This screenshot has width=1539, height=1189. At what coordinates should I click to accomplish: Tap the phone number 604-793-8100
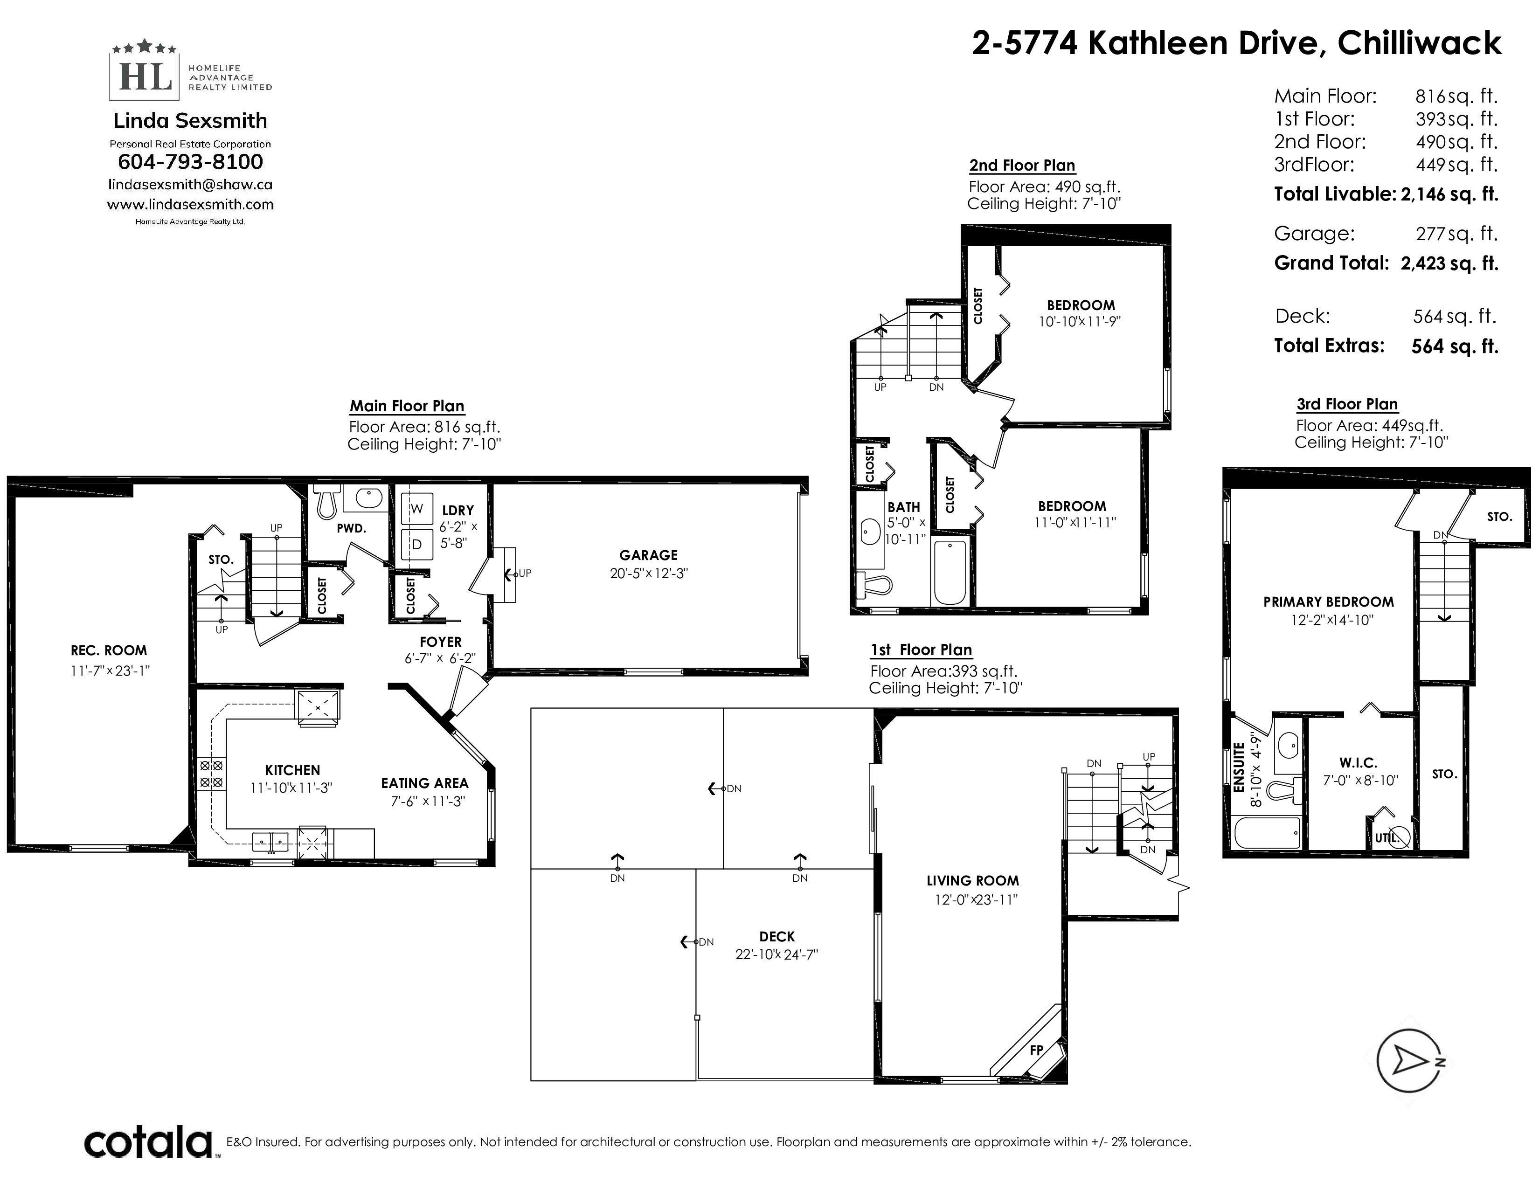pos(190,162)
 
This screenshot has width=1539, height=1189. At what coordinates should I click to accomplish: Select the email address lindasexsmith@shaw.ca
pos(190,185)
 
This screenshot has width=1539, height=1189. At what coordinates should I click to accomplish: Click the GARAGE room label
pos(648,555)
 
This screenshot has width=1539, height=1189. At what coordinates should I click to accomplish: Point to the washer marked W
pos(416,509)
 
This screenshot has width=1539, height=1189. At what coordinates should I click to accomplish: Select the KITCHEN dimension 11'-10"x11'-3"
pos(291,788)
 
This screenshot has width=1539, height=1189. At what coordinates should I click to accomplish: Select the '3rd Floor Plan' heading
pos(1347,404)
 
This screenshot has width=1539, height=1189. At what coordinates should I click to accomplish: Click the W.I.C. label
pos(1358,762)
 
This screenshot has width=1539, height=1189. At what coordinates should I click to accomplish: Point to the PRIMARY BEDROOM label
pos(1328,601)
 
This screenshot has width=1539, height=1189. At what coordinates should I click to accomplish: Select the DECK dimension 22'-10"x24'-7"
pos(776,954)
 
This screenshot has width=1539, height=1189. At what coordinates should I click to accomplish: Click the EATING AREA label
pos(424,783)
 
